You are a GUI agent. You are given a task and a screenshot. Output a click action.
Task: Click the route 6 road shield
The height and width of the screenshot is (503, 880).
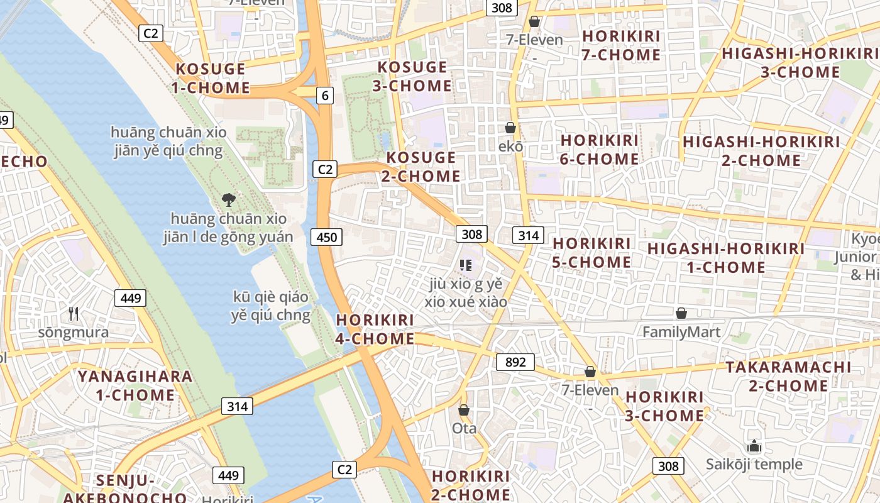pyautogui.click(x=324, y=96)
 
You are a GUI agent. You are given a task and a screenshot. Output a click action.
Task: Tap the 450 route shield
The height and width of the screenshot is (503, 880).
pyautogui.click(x=326, y=237)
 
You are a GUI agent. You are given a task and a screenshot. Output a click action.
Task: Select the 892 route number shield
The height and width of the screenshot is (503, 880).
pyautogui.click(x=515, y=362)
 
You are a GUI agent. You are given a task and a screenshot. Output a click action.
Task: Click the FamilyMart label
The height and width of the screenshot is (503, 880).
pyautogui.click(x=681, y=331)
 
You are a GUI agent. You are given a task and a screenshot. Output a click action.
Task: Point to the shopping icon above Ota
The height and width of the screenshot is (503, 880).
pyautogui.click(x=464, y=410)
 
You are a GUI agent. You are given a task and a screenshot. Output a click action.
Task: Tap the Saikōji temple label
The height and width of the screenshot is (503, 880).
pyautogui.click(x=754, y=465)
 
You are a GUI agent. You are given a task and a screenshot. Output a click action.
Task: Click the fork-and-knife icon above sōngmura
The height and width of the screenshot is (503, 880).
pyautogui.click(x=74, y=313)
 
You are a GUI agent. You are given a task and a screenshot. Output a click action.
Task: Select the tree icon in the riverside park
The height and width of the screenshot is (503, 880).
pyautogui.click(x=229, y=200)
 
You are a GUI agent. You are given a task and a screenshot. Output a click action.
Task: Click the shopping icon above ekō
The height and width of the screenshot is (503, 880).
pyautogui.click(x=510, y=128)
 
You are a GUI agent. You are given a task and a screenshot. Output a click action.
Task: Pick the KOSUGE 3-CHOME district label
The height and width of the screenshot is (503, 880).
pyautogui.click(x=412, y=76)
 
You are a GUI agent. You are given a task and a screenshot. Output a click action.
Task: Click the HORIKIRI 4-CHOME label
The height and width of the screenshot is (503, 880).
pyautogui.click(x=375, y=329)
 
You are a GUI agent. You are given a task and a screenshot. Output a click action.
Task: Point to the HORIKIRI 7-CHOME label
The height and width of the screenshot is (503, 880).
pyautogui.click(x=621, y=45)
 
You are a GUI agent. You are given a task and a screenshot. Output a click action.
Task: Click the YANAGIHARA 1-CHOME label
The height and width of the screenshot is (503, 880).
pyautogui.click(x=135, y=385)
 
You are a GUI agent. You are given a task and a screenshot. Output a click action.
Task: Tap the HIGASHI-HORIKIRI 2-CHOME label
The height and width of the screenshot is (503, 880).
pyautogui.click(x=761, y=151)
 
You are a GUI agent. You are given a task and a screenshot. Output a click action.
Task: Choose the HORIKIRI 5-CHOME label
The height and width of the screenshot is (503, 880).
pyautogui.click(x=591, y=252)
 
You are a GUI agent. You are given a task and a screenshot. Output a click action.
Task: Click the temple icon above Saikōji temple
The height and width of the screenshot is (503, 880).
pyautogui.click(x=754, y=446)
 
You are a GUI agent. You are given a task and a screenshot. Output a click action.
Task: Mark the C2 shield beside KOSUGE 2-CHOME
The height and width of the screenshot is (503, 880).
pyautogui.click(x=324, y=169)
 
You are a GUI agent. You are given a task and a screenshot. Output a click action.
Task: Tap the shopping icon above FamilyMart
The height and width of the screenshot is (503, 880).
pyautogui.click(x=681, y=313)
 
